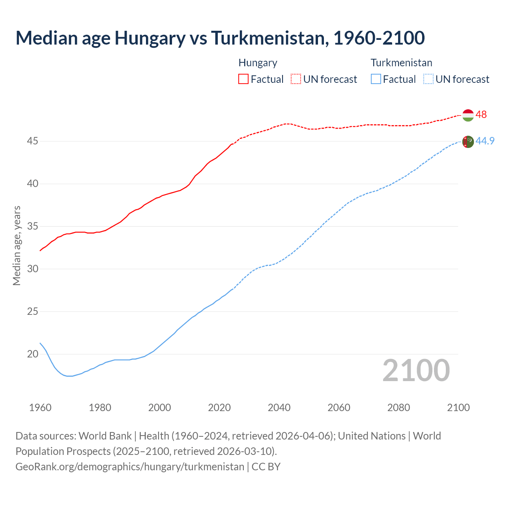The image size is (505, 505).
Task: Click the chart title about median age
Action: click(x=220, y=38)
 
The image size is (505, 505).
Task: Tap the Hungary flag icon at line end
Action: click(x=468, y=115)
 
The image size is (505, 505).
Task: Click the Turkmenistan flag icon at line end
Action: click(x=468, y=141)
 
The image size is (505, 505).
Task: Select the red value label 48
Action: click(x=481, y=115)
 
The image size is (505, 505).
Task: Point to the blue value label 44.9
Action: click(x=485, y=141)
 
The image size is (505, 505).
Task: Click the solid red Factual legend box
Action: click(x=243, y=79)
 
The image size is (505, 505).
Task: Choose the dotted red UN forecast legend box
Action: click(x=296, y=79)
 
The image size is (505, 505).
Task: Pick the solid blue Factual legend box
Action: click(x=376, y=79)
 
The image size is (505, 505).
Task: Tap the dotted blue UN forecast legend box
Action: click(x=428, y=79)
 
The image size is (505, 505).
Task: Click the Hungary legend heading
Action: click(x=258, y=63)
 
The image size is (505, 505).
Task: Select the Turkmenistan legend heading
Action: click(x=401, y=63)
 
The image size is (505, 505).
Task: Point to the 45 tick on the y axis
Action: click(x=33, y=141)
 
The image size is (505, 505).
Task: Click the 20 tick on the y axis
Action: click(x=33, y=354)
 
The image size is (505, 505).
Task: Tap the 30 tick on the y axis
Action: click(x=33, y=269)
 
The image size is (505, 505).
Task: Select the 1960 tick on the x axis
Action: click(x=40, y=408)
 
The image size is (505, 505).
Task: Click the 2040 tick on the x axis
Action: click(x=279, y=408)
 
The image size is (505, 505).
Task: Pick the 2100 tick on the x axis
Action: click(x=458, y=408)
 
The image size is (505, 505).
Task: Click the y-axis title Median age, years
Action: click(x=17, y=245)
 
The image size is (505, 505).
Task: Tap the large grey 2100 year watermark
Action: click(x=416, y=370)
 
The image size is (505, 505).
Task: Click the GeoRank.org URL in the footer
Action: click(x=130, y=467)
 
